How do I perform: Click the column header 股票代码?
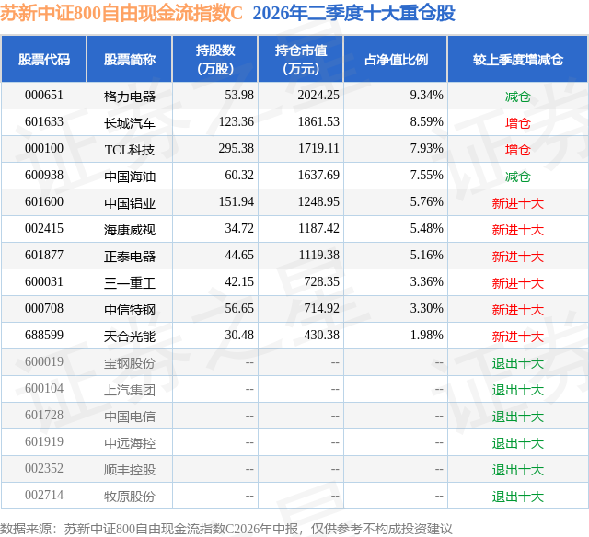(44, 60)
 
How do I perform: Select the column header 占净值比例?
(396, 60)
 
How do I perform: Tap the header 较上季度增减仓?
(518, 60)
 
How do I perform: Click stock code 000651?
(44, 96)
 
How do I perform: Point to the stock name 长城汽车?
(130, 123)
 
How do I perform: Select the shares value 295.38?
(237, 149)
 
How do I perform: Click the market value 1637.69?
(318, 176)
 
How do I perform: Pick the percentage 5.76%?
(426, 202)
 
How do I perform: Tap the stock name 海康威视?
(130, 230)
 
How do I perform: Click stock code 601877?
(44, 256)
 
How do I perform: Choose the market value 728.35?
(321, 281)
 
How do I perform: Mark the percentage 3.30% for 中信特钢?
(426, 308)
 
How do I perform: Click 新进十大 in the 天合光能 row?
(518, 337)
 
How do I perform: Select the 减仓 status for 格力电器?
(518, 97)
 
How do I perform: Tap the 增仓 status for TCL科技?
(518, 150)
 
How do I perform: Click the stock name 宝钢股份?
(130, 363)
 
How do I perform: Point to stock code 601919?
(44, 441)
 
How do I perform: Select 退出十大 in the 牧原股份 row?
(518, 497)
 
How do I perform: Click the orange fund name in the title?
(121, 13)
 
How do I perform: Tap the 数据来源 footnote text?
(226, 529)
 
